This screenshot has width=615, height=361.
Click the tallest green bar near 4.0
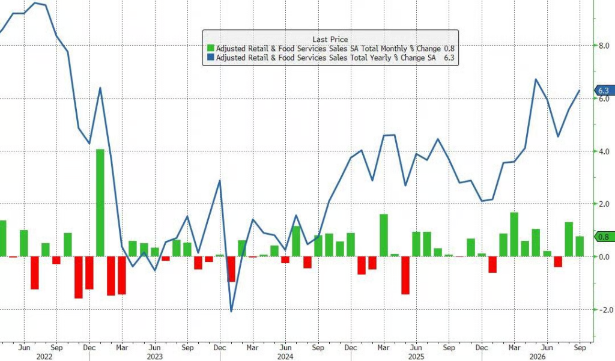point(100,203)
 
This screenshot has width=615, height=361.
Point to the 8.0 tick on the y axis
point(604,46)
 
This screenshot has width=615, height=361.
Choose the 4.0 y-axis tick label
point(604,151)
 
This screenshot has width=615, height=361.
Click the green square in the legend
point(211,48)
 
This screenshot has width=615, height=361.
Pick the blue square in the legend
point(211,58)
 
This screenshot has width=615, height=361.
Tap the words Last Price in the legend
point(330,39)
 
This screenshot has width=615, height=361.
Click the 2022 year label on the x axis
point(44,357)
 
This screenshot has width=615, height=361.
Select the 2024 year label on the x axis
point(285,357)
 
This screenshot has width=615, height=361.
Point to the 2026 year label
point(538,357)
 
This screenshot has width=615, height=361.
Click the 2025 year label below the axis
point(416,357)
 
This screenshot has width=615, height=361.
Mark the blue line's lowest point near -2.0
point(231,312)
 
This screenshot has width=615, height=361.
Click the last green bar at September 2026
point(580,246)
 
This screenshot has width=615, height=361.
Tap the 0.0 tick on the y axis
point(604,257)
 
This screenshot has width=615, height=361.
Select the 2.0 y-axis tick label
point(604,204)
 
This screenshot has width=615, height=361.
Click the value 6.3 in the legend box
point(449,58)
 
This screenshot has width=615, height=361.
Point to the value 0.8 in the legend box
point(449,49)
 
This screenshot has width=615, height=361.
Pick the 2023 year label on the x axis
point(154,357)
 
